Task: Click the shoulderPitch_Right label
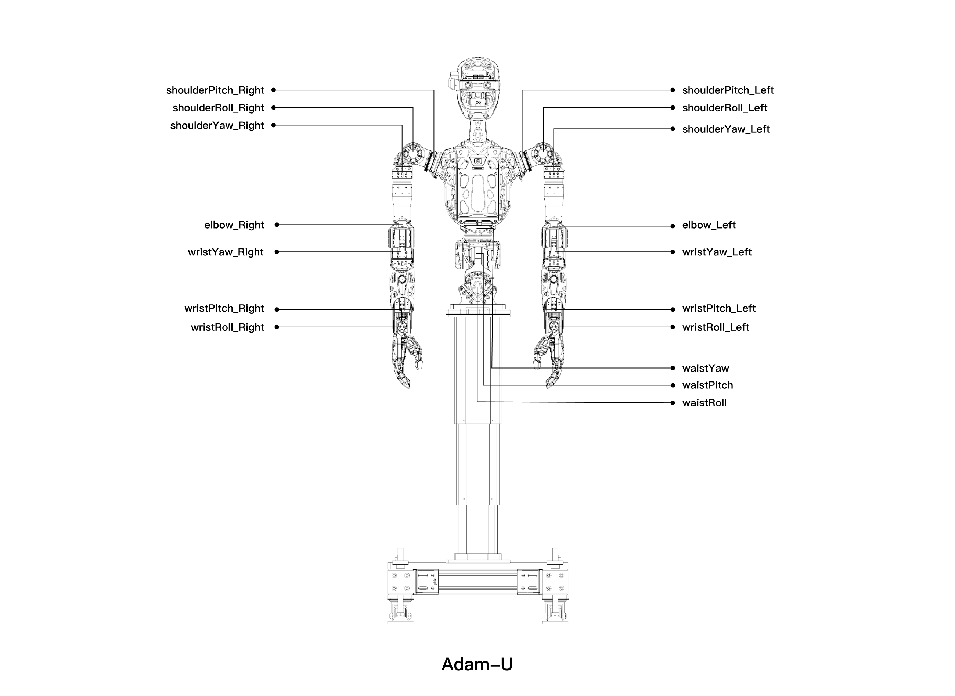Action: click(215, 90)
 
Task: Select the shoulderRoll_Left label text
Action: click(724, 108)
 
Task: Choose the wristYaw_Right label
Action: click(225, 252)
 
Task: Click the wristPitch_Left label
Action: click(718, 308)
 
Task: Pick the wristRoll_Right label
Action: click(227, 327)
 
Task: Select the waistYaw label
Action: click(705, 368)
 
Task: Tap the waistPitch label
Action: click(707, 385)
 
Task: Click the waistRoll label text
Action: click(704, 403)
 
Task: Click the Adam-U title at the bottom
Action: click(477, 664)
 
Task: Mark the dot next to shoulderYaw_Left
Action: click(673, 129)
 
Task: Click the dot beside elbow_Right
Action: click(277, 225)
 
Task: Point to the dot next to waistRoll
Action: click(673, 403)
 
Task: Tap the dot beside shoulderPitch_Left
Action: click(673, 90)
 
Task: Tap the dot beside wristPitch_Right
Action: click(277, 309)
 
